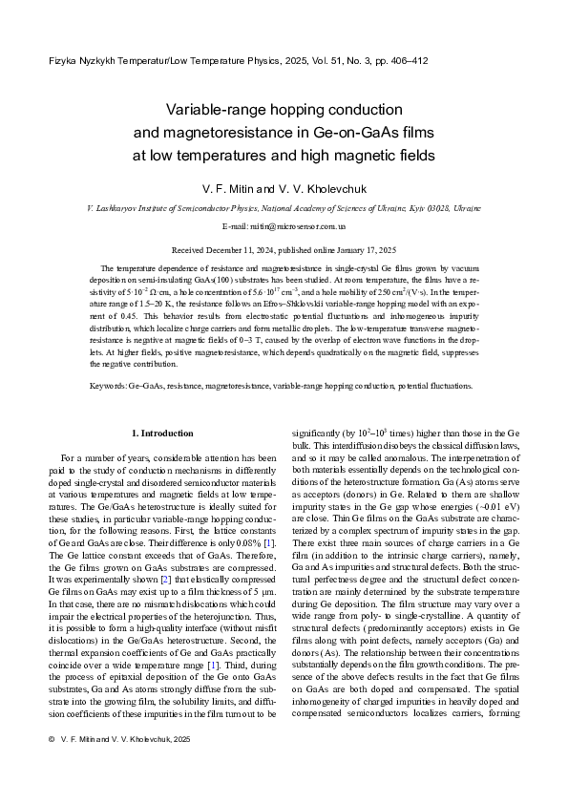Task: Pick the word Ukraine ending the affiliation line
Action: pos(466,207)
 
